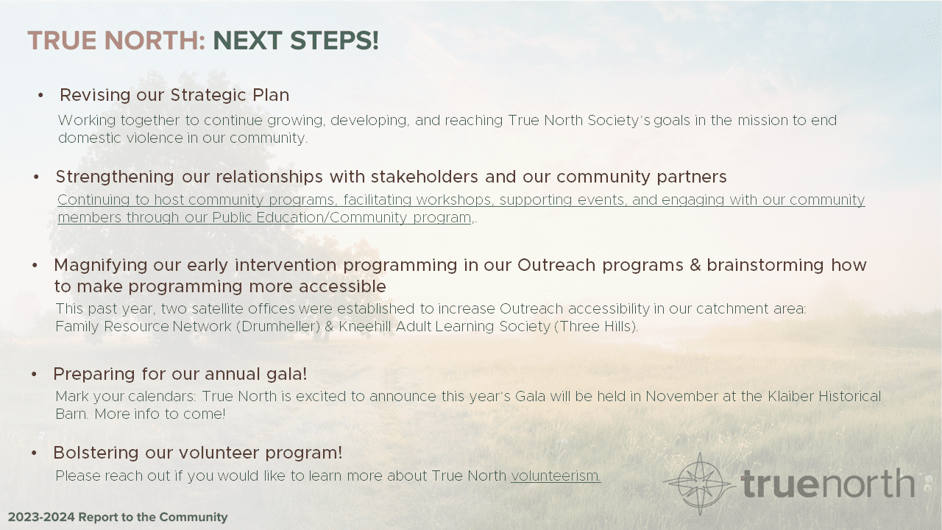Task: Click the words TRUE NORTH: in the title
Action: click(116, 41)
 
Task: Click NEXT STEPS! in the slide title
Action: click(296, 41)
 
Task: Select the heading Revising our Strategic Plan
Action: click(174, 95)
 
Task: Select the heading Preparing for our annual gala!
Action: click(180, 374)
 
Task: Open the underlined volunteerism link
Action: click(556, 476)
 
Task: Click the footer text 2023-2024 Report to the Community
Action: click(118, 517)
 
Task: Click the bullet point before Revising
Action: click(41, 96)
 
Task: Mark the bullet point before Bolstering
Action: click(35, 453)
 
